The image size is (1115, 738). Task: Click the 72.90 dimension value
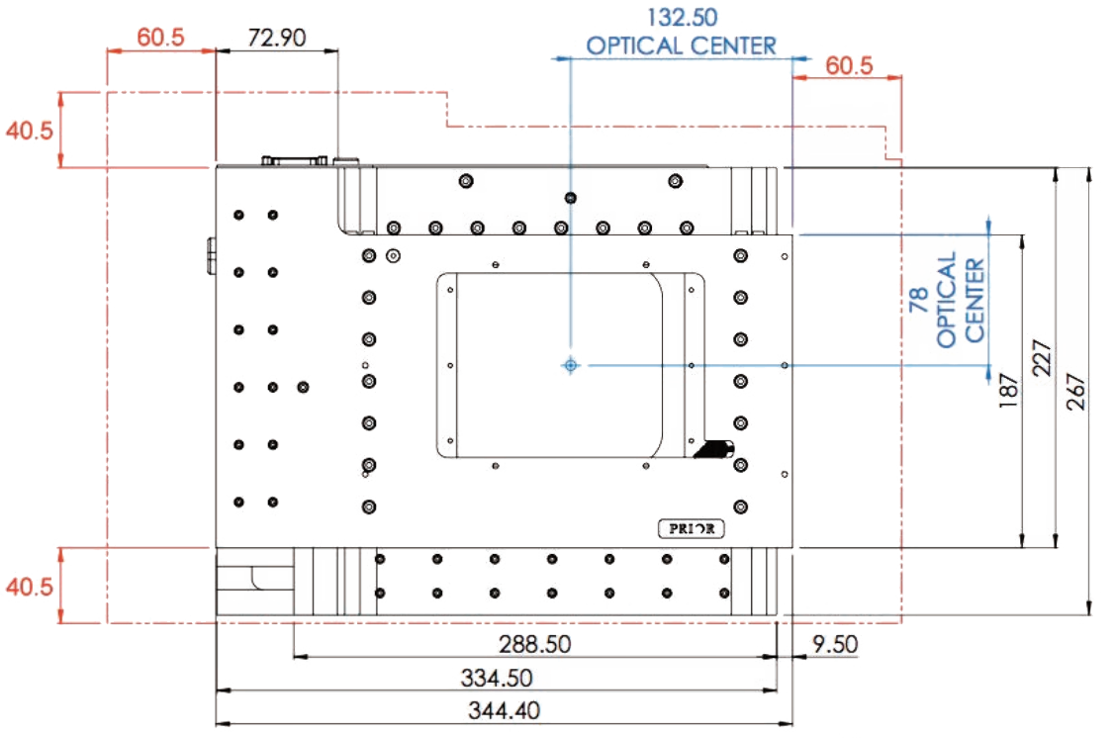coord(277,38)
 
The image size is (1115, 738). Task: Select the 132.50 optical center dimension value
coord(682,17)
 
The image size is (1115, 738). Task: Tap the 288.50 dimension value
coord(534,645)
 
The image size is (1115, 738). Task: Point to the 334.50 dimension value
coord(497,678)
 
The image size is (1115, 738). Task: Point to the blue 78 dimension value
coord(918,300)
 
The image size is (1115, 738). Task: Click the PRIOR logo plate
coord(692,529)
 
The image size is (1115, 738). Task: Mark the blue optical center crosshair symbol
coord(570,365)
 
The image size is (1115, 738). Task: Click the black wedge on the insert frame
coord(713,450)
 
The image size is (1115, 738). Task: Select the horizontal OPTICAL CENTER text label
coord(682,46)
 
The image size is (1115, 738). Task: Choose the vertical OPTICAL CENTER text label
coord(961,300)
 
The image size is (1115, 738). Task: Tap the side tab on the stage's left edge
coord(211,254)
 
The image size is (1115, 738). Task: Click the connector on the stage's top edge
coord(294,160)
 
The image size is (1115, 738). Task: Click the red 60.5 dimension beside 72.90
coord(160,38)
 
